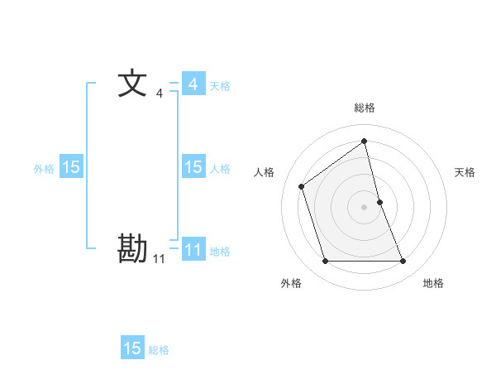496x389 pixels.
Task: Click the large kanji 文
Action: click(132, 84)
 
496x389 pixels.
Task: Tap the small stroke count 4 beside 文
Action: click(160, 94)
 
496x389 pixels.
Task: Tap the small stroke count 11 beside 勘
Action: click(159, 259)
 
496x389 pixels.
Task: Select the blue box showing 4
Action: click(193, 84)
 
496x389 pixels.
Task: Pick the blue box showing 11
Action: click(193, 249)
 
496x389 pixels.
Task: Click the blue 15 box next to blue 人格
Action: click(193, 167)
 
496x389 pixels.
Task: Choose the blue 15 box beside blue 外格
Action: click(71, 167)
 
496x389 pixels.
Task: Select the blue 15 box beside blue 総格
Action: click(132, 348)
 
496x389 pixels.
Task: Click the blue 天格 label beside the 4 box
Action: click(220, 85)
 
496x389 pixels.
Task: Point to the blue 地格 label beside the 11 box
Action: click(220, 251)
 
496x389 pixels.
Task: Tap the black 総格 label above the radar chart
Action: click(365, 108)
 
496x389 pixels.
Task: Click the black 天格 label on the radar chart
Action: click(465, 172)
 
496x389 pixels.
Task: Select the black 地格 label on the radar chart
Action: click(433, 283)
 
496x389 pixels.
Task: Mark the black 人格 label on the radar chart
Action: click(265, 172)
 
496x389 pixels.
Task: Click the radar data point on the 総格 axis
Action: click(365, 141)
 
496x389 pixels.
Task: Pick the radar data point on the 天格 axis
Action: click(379, 201)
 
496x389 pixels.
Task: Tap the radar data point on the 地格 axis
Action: click(403, 262)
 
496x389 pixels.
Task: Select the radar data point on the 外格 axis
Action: click(325, 262)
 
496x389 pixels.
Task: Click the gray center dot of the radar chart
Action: click(365, 206)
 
